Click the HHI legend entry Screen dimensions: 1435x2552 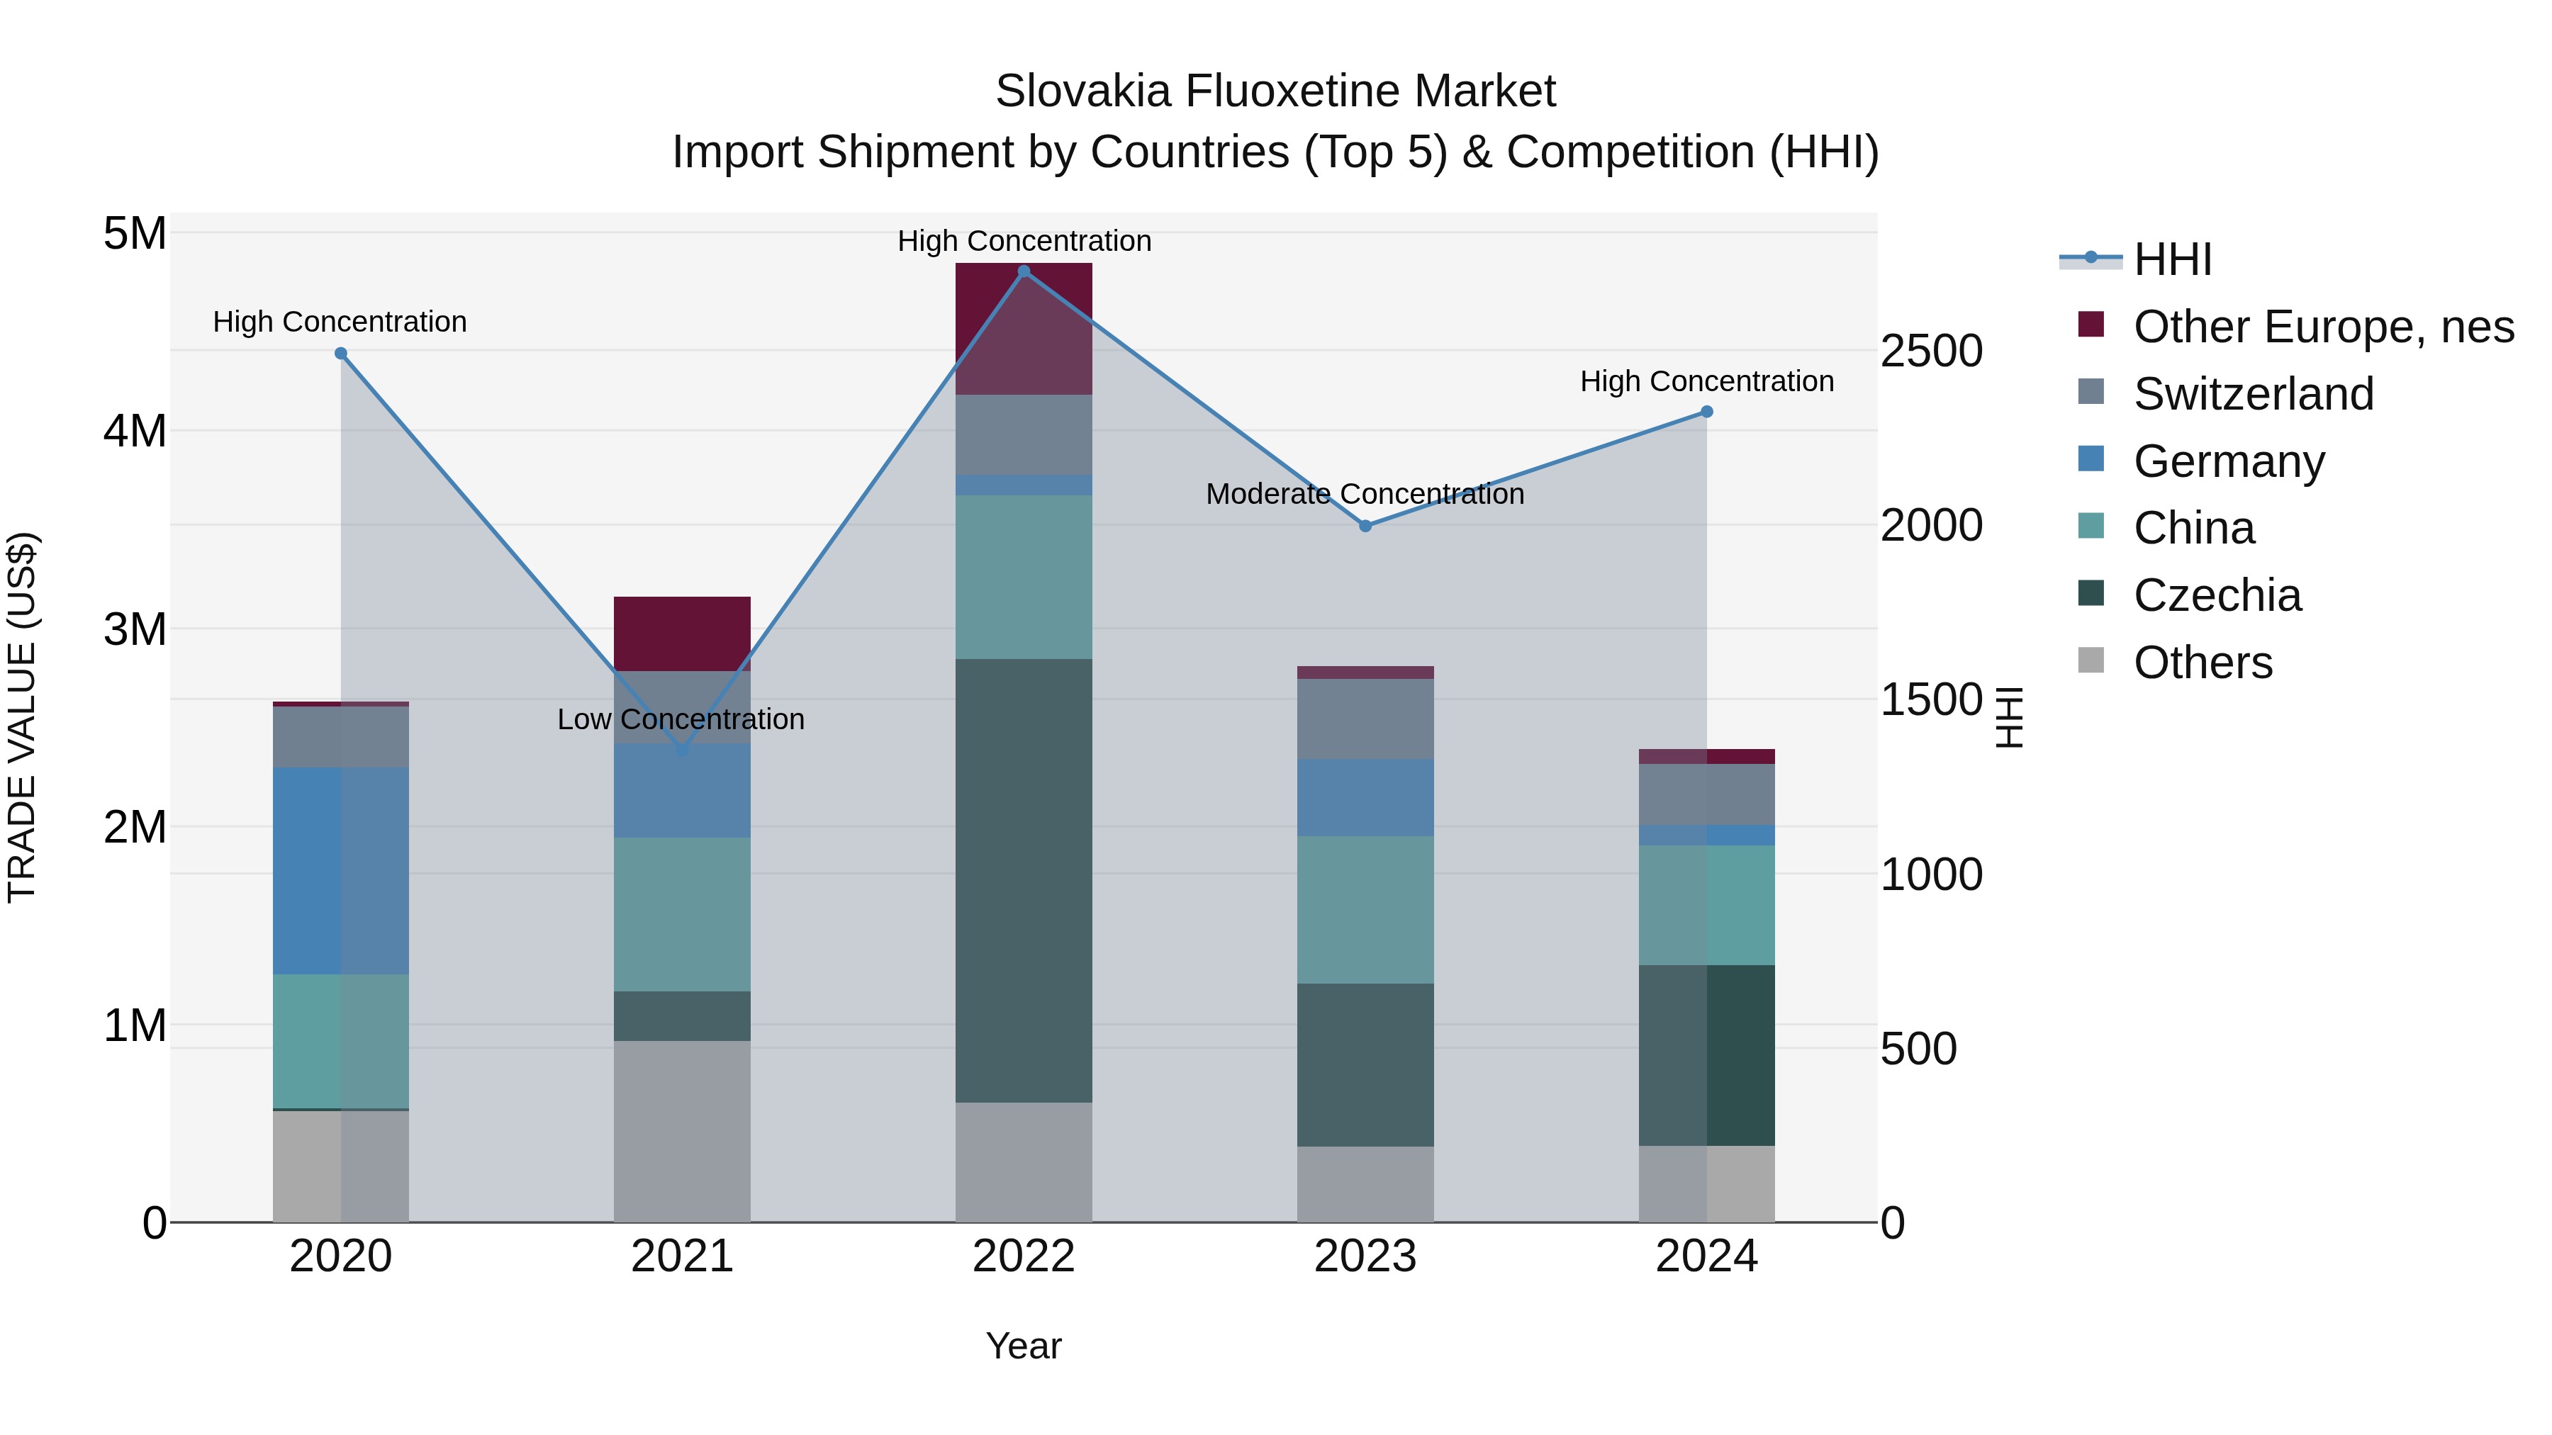pos(2171,259)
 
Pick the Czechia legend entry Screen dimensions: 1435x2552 pos(2217,595)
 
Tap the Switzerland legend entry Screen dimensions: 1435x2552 pos(2253,394)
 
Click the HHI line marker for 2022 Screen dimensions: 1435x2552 pos(1024,271)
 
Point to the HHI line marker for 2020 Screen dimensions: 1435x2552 pos(341,354)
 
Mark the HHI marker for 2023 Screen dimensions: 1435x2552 pos(1365,526)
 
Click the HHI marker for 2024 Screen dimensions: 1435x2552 pos(1706,412)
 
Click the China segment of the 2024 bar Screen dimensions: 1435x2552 pos(1706,905)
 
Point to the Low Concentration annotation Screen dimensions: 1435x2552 pos(681,719)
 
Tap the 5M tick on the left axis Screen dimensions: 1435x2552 pos(135,235)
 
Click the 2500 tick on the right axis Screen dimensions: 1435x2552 pos(1931,351)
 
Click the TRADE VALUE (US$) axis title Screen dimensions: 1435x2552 pos(22,717)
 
